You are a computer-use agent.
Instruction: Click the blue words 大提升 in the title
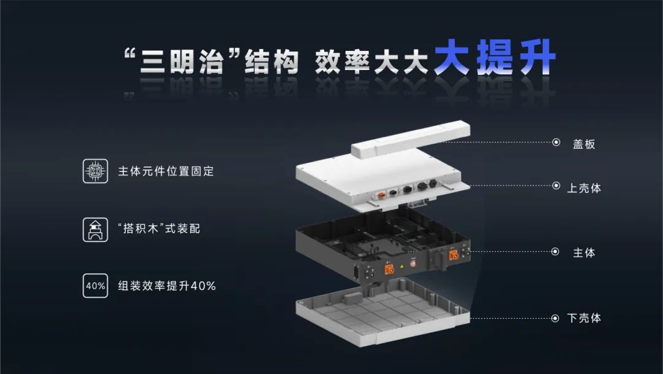click(494, 58)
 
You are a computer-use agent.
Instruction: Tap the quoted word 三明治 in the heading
click(182, 62)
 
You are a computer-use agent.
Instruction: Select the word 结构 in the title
click(271, 62)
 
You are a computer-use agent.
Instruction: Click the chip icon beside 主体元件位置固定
click(95, 171)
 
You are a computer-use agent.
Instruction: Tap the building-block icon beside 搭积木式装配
click(95, 229)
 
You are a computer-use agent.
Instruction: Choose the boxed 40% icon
click(95, 286)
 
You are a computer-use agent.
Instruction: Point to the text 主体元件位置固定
click(166, 171)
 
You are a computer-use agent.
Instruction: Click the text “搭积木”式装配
click(159, 228)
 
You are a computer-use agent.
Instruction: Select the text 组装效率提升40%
click(166, 286)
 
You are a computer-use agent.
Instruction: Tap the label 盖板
click(584, 144)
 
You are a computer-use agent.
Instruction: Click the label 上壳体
click(584, 188)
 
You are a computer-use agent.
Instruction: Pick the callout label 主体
click(584, 253)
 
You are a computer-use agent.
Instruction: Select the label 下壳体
click(584, 318)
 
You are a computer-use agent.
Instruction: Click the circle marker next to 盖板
click(556, 142)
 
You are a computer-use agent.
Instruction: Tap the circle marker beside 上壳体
click(556, 185)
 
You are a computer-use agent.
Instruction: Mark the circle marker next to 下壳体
click(555, 318)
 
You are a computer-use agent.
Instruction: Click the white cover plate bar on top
click(411, 140)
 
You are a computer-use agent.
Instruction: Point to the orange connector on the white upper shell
click(381, 195)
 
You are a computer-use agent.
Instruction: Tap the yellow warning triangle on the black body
click(401, 266)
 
